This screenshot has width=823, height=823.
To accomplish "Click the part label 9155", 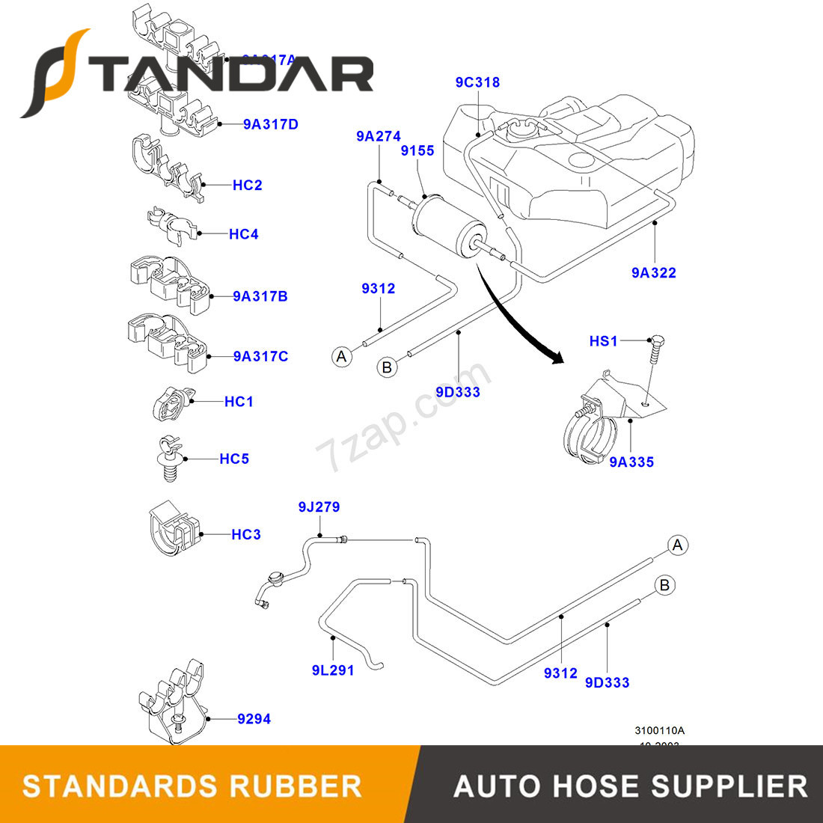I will (417, 151).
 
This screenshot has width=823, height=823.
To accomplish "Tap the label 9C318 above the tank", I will (477, 82).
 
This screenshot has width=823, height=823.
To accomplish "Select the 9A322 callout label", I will (653, 273).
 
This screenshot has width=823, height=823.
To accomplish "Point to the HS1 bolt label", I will (603, 341).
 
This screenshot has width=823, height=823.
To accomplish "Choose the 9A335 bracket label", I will (631, 462).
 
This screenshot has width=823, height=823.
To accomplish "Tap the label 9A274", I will (378, 136).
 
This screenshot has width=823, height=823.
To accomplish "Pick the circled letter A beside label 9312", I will (342, 357).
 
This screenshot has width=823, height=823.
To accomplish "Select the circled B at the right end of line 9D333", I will (664, 585).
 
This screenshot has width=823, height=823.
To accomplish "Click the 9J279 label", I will (319, 507).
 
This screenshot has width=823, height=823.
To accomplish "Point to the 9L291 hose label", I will (333, 670).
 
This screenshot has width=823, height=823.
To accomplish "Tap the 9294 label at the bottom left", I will (254, 719).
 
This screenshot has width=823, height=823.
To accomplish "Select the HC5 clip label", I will (233, 459).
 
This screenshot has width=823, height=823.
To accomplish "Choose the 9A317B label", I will (260, 296).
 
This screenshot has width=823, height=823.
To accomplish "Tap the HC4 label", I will (243, 234).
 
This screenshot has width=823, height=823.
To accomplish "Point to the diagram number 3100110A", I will (659, 730).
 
